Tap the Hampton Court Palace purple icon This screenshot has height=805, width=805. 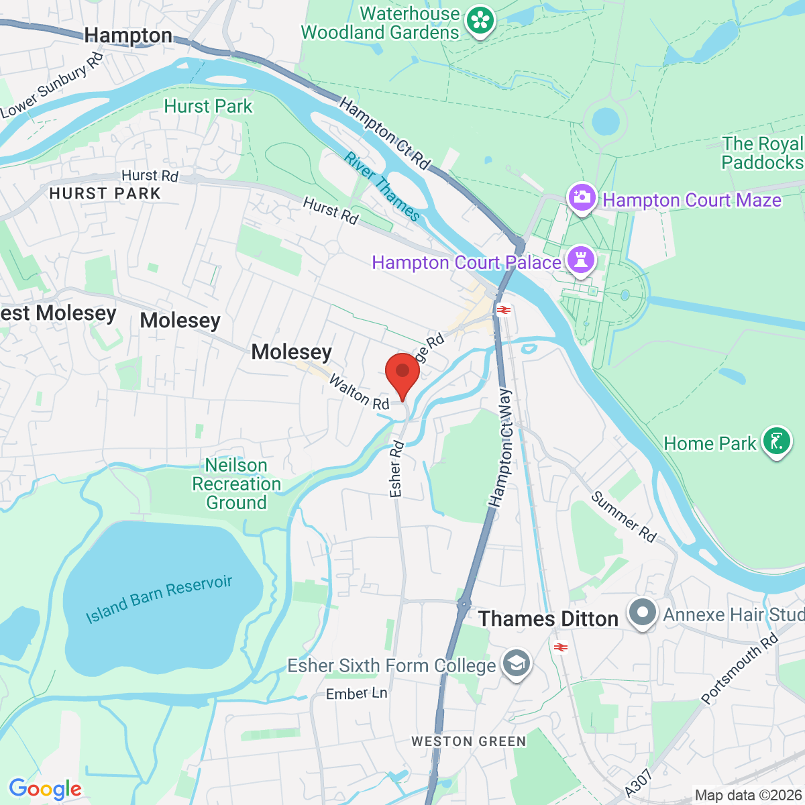[580, 260]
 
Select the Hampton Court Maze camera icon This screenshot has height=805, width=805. [582, 198]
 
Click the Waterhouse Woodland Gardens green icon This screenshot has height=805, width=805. [480, 21]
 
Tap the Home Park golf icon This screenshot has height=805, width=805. [777, 442]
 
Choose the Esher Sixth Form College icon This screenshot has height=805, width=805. [516, 665]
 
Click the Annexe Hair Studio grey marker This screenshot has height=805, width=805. [643, 613]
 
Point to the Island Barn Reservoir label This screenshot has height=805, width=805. [159, 599]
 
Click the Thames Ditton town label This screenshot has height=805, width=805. [548, 619]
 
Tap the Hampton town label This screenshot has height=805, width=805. [129, 35]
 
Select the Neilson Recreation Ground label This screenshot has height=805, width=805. [236, 484]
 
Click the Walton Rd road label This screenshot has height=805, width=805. [359, 392]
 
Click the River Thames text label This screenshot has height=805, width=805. [382, 186]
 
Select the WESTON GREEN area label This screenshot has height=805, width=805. [468, 741]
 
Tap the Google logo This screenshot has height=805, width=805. [45, 790]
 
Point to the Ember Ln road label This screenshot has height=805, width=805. [356, 694]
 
